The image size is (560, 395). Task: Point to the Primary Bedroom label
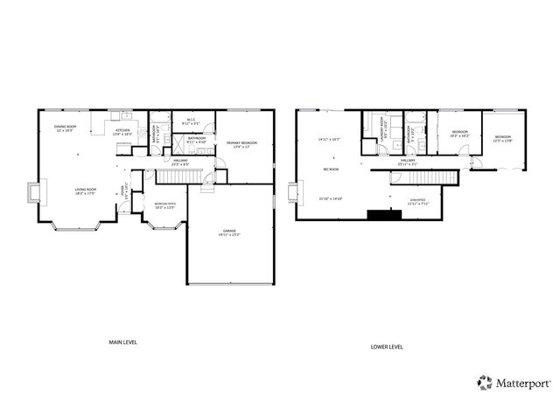tap(241, 143)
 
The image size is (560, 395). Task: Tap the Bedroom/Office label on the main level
tap(165, 207)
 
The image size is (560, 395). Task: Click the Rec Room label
tap(331, 169)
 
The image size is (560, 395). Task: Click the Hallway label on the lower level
tap(408, 162)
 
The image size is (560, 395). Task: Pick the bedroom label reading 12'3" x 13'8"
tap(502, 139)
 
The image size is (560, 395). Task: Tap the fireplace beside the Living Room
tap(33, 192)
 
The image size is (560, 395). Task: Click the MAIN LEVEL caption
tap(122, 342)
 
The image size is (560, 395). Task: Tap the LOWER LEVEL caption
tap(386, 347)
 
